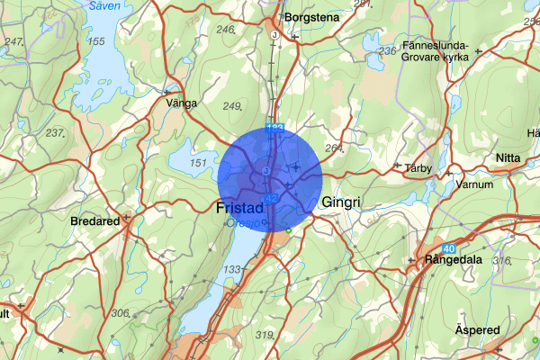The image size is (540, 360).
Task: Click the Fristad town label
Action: [x=239, y=207]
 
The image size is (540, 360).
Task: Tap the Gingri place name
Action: [x=340, y=203]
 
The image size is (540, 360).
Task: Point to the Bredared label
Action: [x=94, y=220]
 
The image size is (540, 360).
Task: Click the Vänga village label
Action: [x=181, y=103]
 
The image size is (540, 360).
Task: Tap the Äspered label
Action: [x=477, y=330]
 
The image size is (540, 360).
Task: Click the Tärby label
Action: [x=419, y=167]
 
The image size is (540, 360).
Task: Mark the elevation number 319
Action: [x=265, y=336]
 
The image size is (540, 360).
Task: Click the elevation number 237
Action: [x=54, y=133]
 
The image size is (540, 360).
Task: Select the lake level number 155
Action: [x=96, y=41]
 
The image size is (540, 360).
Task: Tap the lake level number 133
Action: [x=232, y=270]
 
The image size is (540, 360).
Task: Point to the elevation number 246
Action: [x=225, y=29]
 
